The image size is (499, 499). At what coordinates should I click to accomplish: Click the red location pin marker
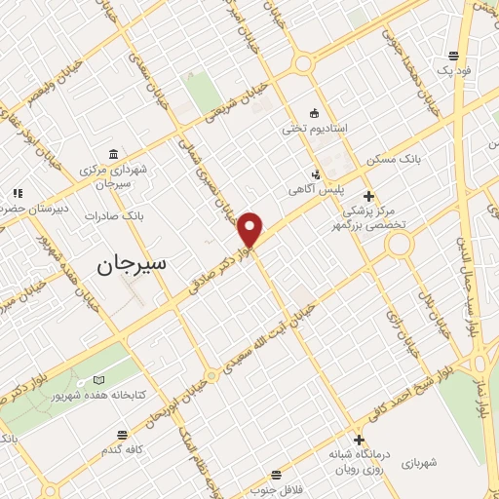point(250,230)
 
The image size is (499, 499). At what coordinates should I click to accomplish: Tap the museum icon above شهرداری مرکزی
point(115,154)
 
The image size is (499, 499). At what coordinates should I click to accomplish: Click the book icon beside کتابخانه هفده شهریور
point(96,380)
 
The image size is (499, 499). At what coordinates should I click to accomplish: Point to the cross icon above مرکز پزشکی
point(368,195)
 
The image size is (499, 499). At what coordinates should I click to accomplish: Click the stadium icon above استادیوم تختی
point(312,111)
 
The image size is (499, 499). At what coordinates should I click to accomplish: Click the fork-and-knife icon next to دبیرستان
point(17,193)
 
